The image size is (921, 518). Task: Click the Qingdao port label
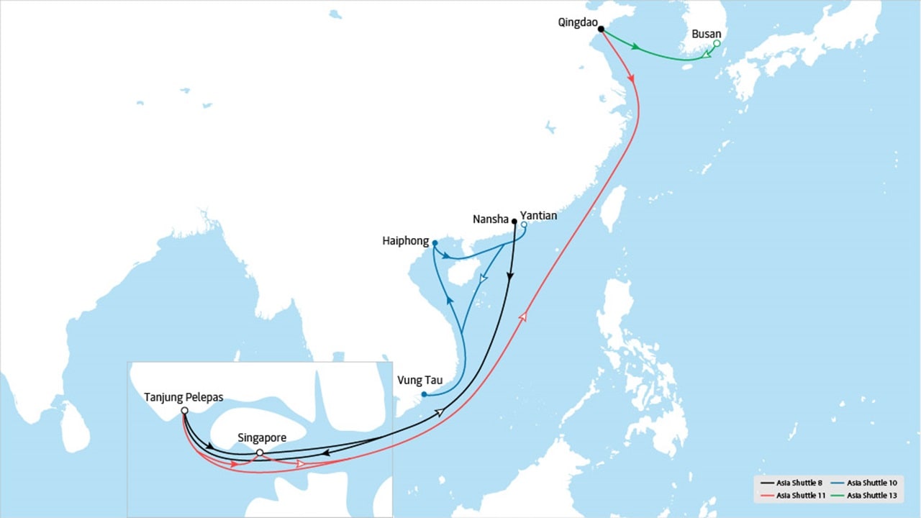click(577, 22)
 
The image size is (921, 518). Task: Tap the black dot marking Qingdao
click(601, 29)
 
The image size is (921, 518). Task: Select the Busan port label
click(706, 34)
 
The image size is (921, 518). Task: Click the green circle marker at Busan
click(717, 44)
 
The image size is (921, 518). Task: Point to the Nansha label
click(491, 219)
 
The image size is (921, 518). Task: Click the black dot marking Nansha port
click(514, 222)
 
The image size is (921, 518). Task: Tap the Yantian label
click(538, 215)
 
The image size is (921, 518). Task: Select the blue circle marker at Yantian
click(524, 224)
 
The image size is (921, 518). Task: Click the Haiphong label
click(406, 242)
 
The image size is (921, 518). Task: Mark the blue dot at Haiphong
click(435, 243)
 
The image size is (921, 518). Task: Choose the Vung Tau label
click(419, 381)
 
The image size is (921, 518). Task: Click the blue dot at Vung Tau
click(424, 394)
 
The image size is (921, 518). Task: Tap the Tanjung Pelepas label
click(183, 397)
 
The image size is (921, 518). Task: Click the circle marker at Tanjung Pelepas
click(185, 410)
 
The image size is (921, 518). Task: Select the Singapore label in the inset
click(262, 438)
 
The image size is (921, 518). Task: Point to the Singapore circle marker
click(260, 453)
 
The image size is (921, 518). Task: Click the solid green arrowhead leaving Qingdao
click(635, 47)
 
